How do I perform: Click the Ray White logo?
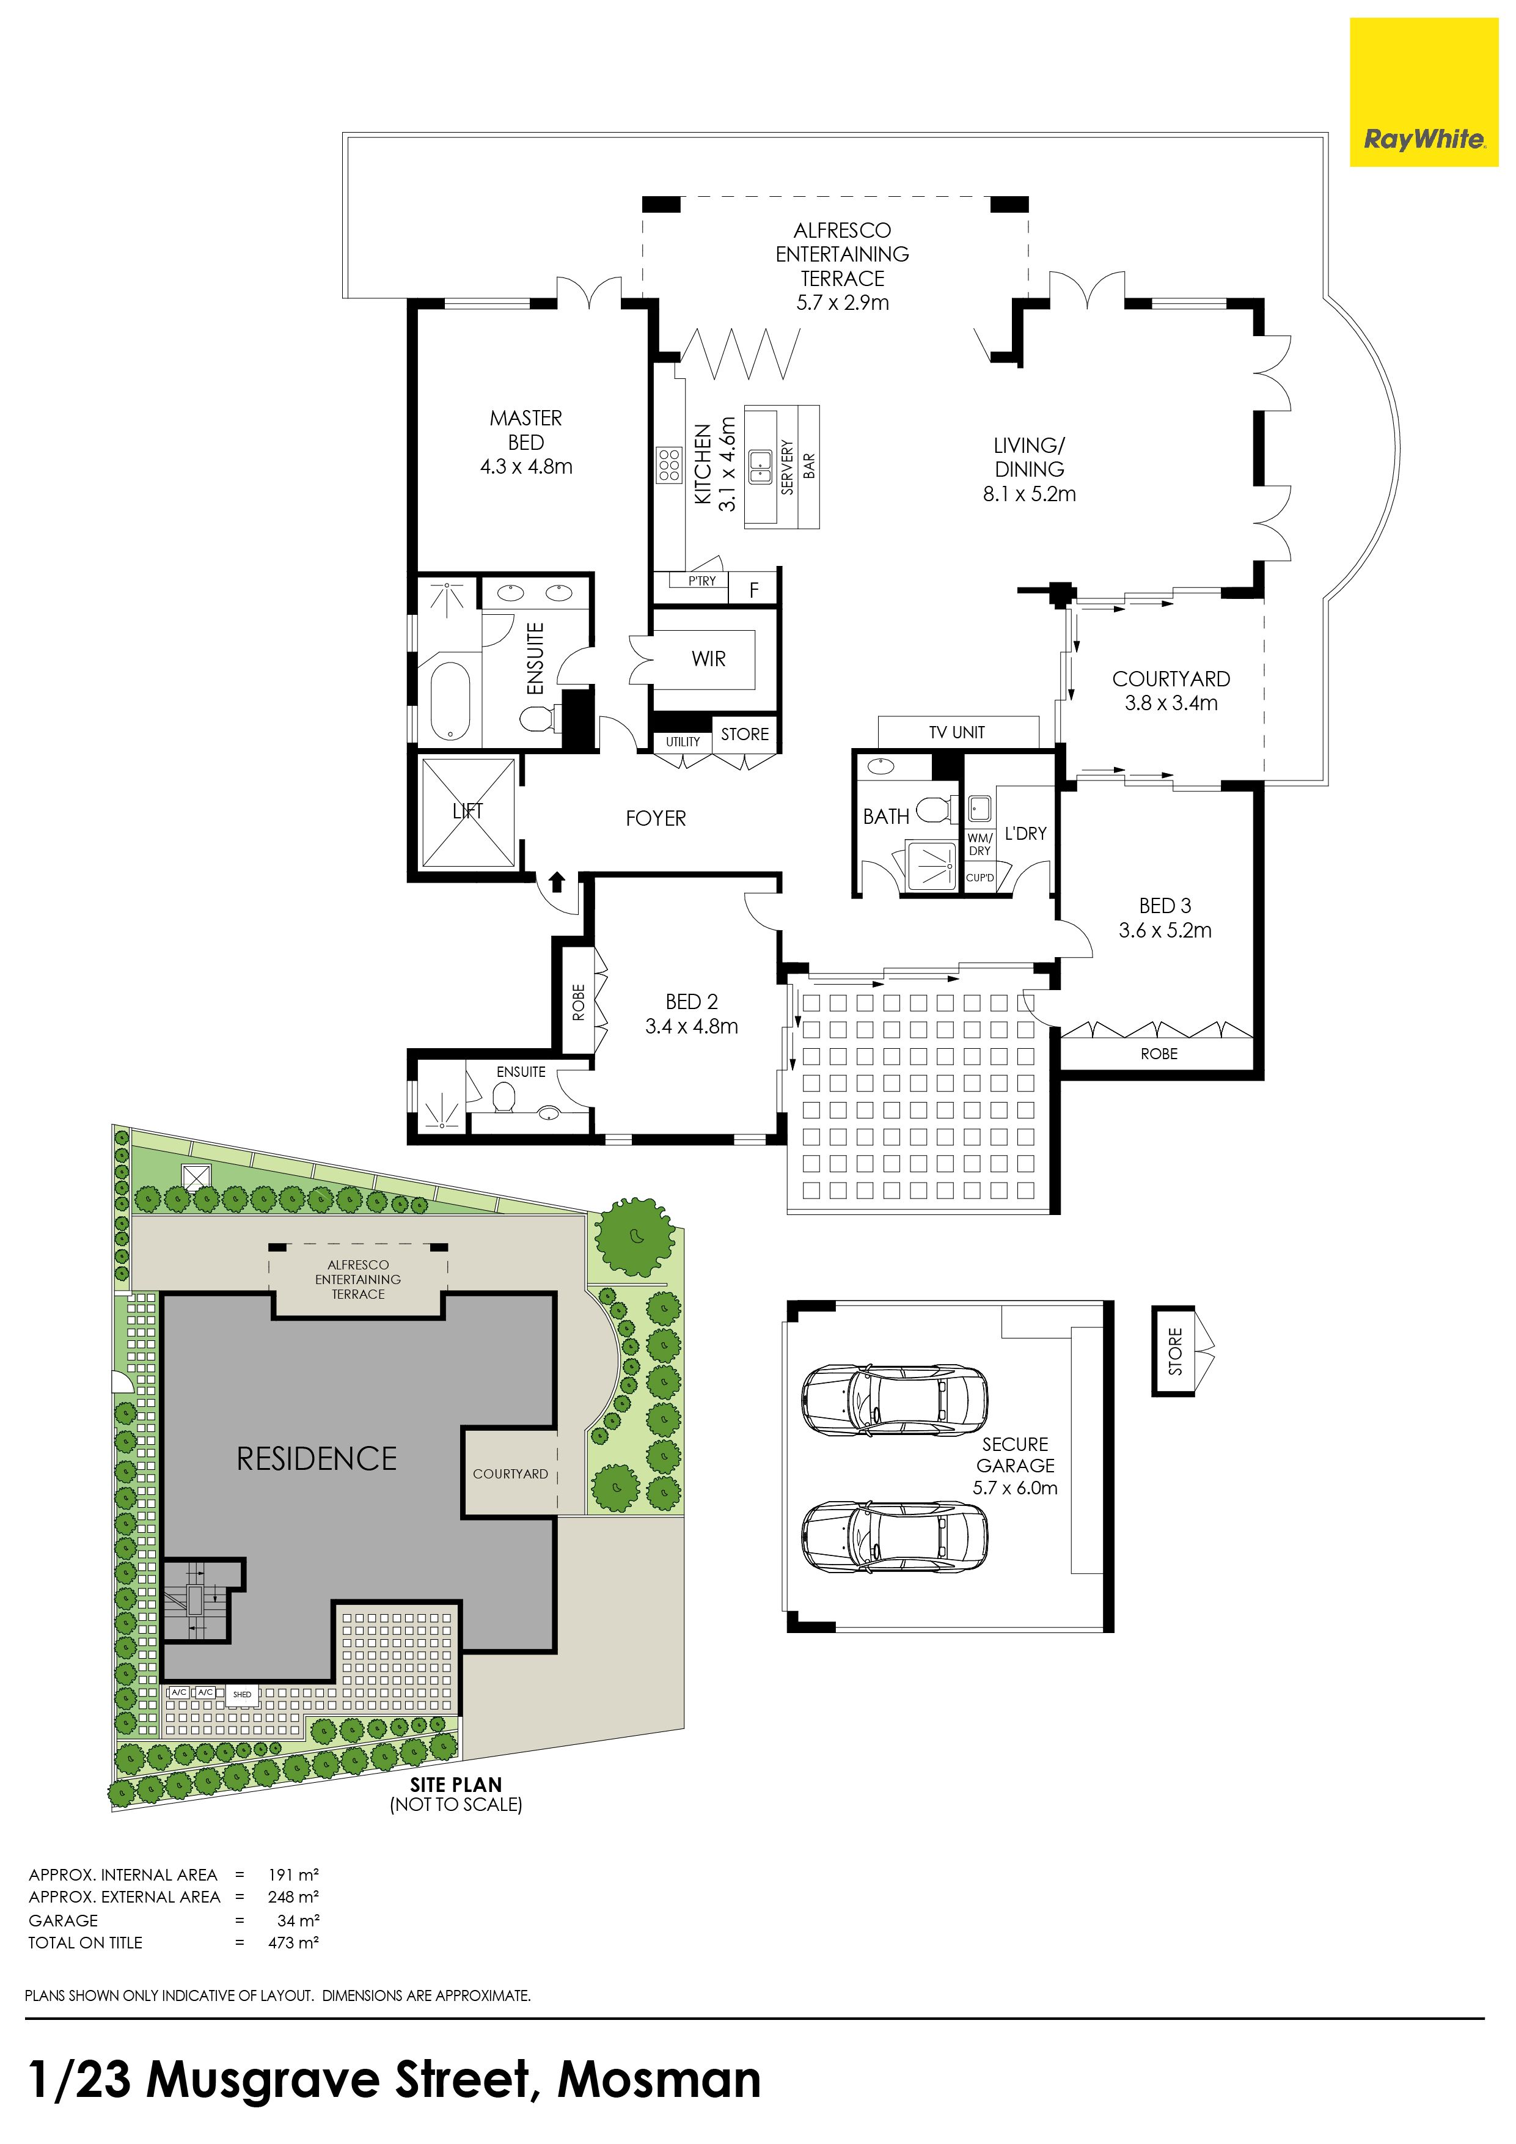(x=1424, y=92)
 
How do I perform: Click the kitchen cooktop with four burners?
(x=668, y=465)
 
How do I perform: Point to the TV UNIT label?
(x=957, y=732)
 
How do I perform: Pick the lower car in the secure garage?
(x=895, y=1538)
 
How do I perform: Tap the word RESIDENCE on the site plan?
(x=317, y=1459)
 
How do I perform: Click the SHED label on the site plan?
(x=242, y=1694)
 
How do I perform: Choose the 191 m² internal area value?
(x=293, y=1874)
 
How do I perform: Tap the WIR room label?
(x=709, y=659)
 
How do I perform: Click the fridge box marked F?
(x=754, y=590)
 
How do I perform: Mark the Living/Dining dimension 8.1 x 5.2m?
(x=1029, y=494)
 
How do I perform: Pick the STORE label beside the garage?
(x=1175, y=1351)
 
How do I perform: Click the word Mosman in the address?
(x=659, y=2080)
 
